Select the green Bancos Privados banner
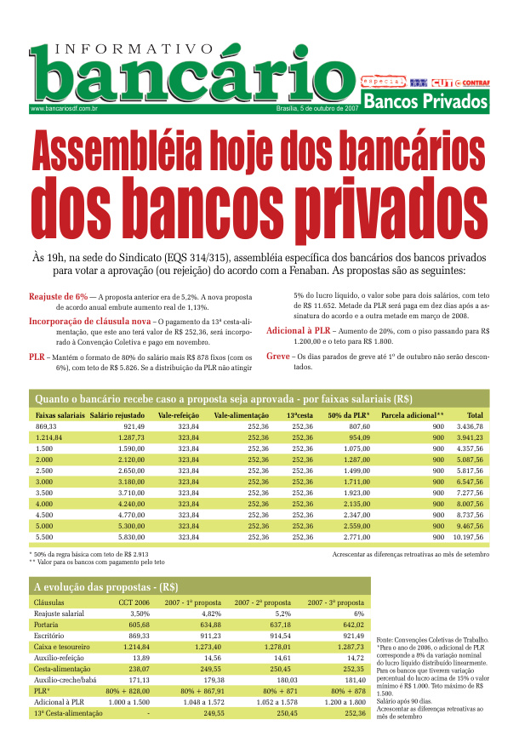(x=425, y=102)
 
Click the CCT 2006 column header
(x=134, y=602)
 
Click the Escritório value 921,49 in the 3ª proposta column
(x=352, y=635)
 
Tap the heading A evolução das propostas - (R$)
(x=105, y=586)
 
